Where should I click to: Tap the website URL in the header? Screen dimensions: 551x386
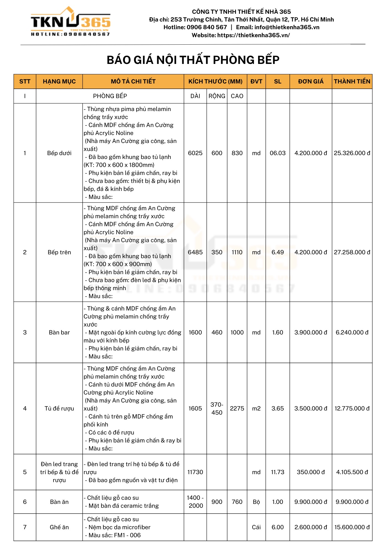253,35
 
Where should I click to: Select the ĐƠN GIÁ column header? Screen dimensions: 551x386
311,82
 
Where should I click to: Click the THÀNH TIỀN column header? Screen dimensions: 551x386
352,82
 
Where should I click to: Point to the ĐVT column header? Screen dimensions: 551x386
256,82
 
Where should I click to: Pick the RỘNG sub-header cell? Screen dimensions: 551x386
217,96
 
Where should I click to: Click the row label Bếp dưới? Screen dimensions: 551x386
59,153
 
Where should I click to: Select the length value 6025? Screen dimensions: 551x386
195,153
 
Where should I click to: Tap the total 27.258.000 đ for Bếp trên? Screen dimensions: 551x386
352,252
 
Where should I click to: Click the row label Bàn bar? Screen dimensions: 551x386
59,333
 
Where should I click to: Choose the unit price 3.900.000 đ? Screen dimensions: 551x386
311,333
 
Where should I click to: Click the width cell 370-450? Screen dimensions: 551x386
217,409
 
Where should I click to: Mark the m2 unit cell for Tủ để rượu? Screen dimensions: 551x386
256,409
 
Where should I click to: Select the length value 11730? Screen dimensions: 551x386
195,472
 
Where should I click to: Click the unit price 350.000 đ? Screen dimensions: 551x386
311,472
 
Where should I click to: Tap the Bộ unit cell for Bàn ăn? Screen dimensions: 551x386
256,502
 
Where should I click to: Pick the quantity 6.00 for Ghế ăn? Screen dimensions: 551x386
277,527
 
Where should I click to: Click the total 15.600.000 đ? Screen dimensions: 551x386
352,527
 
